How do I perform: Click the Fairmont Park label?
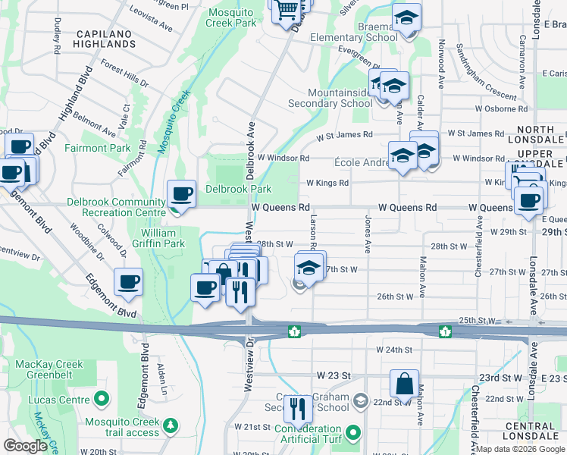(97, 148)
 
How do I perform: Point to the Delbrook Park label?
(238, 189)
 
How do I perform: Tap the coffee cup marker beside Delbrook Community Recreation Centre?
(182, 194)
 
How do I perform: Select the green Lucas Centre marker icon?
(100, 398)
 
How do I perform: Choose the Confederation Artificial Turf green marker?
(352, 434)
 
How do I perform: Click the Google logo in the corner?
(26, 446)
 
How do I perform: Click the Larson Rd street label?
(312, 228)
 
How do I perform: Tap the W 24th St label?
(393, 350)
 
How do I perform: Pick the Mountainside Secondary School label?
(330, 97)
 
